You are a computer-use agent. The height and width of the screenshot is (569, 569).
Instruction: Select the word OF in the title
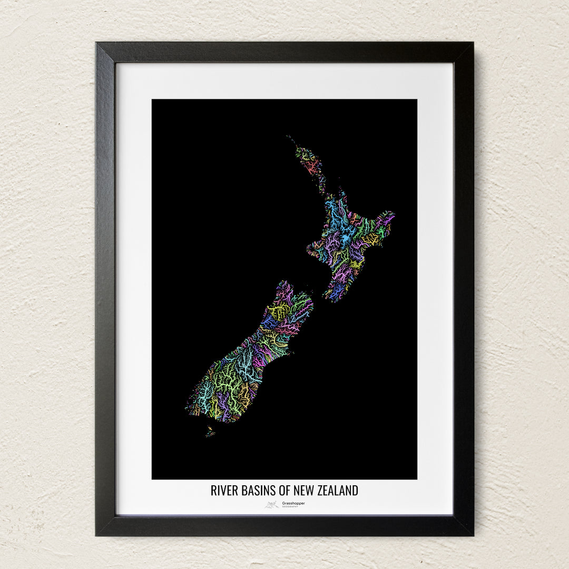[284, 490]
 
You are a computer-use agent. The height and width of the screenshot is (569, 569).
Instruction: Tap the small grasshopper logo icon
[272, 505]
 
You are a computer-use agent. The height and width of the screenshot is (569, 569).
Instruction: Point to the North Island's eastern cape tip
[393, 214]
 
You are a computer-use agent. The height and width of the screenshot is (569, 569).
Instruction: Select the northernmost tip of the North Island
[289, 137]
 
